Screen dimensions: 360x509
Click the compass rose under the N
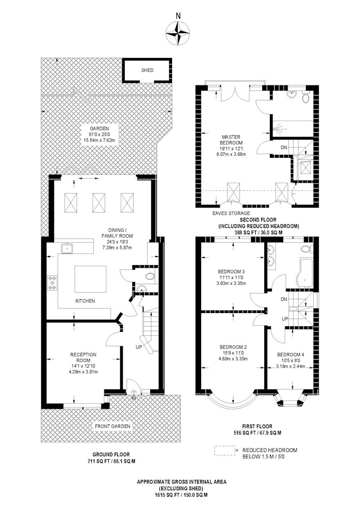click(x=178, y=33)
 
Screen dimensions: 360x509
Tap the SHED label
click(x=147, y=70)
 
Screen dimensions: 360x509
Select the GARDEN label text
click(x=99, y=129)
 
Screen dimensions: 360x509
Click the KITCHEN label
click(x=85, y=301)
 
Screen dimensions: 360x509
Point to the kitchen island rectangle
click(x=90, y=279)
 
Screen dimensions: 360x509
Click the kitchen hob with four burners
click(x=52, y=282)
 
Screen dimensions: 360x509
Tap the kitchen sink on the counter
click(x=67, y=248)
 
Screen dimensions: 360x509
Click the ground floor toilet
click(x=150, y=277)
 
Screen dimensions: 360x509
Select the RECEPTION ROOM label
click(x=83, y=357)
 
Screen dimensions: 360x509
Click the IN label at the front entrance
click(x=133, y=398)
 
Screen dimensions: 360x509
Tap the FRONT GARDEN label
click(x=113, y=426)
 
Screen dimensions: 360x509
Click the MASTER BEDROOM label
click(x=232, y=140)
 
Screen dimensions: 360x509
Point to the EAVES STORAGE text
click(x=231, y=213)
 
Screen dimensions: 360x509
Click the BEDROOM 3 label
click(x=231, y=271)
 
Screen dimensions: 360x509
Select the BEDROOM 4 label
click(x=291, y=354)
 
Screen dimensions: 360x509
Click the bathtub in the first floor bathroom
click(x=304, y=272)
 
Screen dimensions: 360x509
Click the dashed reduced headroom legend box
click(x=225, y=450)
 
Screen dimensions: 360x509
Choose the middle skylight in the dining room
click(x=99, y=203)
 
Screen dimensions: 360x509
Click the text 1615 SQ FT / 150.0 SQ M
click(x=181, y=495)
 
